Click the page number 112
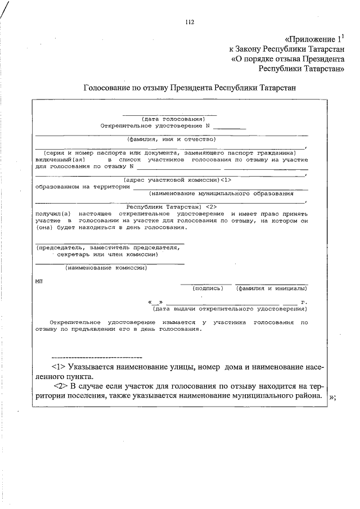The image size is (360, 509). point(189,22)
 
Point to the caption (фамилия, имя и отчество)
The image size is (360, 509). point(171,138)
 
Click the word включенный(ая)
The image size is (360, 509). point(59,159)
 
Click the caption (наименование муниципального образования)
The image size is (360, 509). point(222,193)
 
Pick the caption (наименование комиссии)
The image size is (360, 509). point(106,268)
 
